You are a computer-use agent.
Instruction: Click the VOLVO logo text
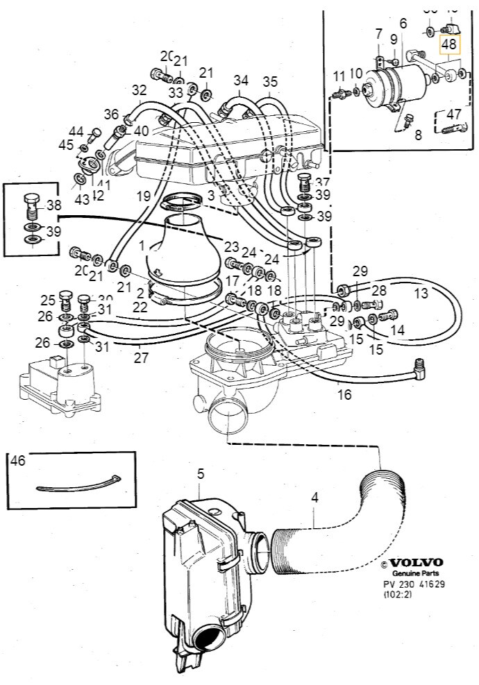(x=417, y=562)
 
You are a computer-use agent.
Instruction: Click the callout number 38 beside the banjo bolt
(x=54, y=206)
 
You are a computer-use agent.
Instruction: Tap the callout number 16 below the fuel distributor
(x=344, y=395)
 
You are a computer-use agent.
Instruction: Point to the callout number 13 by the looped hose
(x=421, y=294)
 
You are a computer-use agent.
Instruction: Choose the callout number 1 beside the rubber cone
(x=142, y=246)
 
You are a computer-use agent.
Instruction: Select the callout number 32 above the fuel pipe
(x=140, y=90)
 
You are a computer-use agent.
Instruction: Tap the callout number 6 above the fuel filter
(x=403, y=24)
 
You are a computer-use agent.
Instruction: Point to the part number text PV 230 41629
(x=414, y=584)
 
